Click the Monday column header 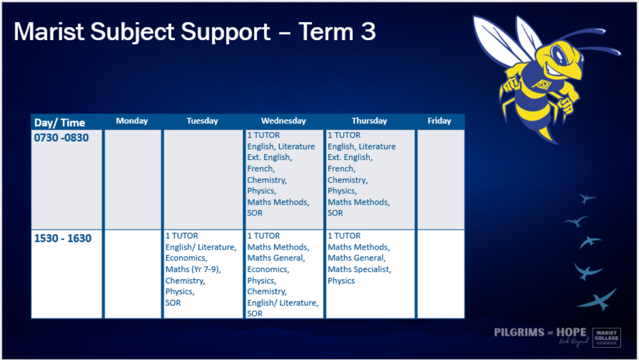click(132, 121)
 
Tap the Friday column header click(439, 121)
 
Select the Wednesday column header click(283, 121)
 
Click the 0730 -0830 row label click(61, 138)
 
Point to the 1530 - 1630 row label click(63, 238)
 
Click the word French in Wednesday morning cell click(260, 169)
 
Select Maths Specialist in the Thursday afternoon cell click(358, 269)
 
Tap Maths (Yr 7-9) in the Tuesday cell click(193, 269)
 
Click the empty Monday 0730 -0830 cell click(133, 179)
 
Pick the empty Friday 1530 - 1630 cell click(441, 274)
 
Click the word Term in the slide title click(325, 31)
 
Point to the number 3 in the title click(368, 31)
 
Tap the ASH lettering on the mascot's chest click(541, 85)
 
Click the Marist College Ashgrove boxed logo click(607, 338)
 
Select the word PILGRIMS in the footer click(519, 332)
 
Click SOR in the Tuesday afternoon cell click(173, 303)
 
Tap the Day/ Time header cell click(60, 122)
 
